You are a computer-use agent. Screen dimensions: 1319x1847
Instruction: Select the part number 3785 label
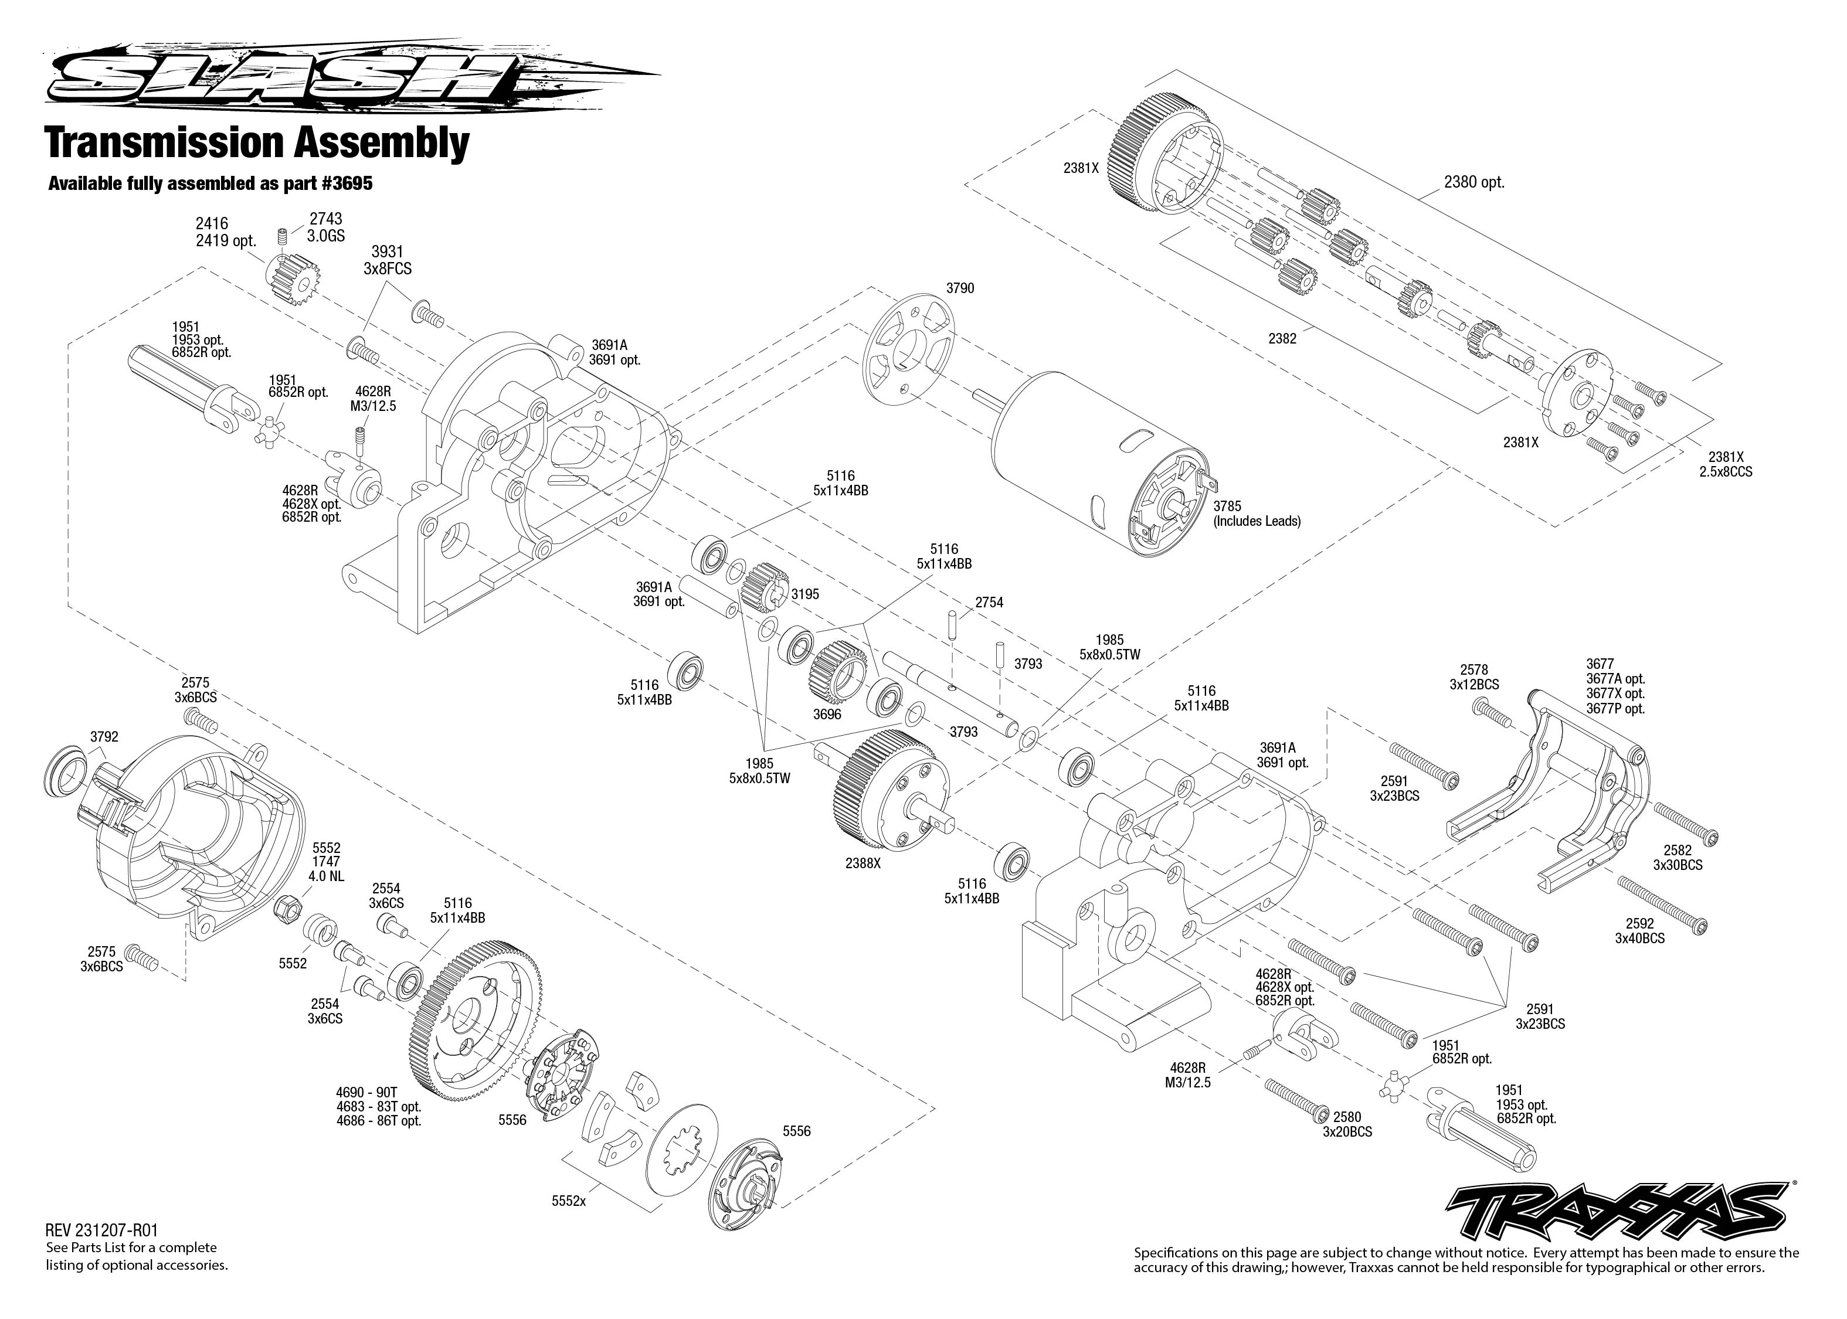coord(1227,506)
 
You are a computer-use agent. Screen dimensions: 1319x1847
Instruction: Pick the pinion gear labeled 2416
coord(291,278)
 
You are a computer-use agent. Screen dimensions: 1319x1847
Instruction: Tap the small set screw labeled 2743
coord(283,237)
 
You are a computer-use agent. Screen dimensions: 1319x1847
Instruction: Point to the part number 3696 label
coord(827,715)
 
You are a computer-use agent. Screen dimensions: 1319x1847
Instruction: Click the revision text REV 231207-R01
coord(101,1231)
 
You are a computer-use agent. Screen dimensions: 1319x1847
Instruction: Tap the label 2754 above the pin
coord(989,603)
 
